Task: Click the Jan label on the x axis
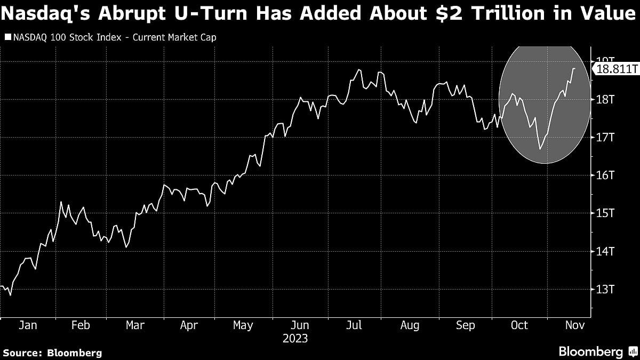(x=28, y=325)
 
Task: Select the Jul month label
(x=355, y=325)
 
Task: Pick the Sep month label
(x=465, y=325)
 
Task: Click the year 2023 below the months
(x=295, y=339)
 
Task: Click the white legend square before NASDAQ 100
(x=7, y=37)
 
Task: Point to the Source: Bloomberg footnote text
(x=52, y=353)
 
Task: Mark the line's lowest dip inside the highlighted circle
(x=540, y=149)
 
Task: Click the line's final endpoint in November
(x=574, y=69)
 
